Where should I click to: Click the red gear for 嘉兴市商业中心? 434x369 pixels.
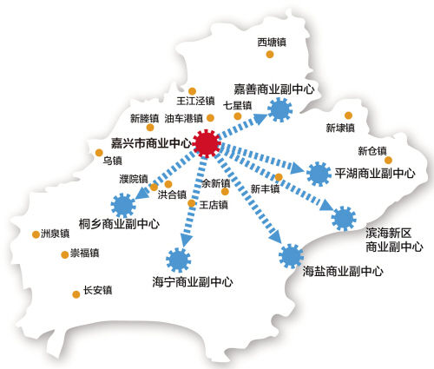tap(207, 143)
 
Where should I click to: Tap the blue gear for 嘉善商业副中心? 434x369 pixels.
tap(279, 109)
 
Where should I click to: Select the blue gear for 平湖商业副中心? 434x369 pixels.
tap(320, 173)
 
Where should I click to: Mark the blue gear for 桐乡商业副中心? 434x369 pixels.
tap(123, 205)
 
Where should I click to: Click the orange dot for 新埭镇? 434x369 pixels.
tap(348, 115)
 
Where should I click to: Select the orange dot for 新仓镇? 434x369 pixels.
tap(388, 160)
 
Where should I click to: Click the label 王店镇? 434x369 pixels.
tap(214, 205)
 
